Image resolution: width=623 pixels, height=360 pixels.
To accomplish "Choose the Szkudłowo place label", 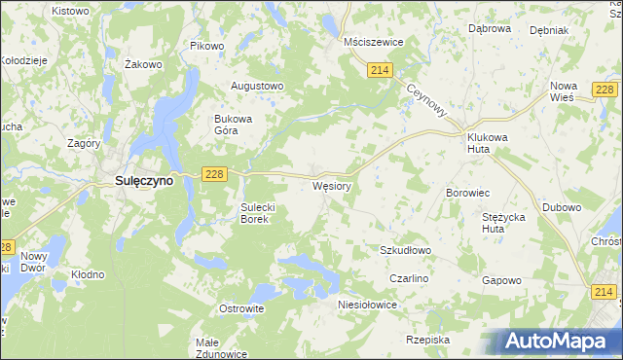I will pos(405,250).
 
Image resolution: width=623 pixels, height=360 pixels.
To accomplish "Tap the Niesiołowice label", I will pos(367,304).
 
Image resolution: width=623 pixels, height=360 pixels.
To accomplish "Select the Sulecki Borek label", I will pos(261,213).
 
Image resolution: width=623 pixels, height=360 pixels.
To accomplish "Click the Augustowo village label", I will pos(256,86).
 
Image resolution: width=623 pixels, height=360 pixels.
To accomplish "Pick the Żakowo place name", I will pos(143,64).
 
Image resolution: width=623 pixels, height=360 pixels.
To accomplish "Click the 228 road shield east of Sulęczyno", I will pos(215,172).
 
